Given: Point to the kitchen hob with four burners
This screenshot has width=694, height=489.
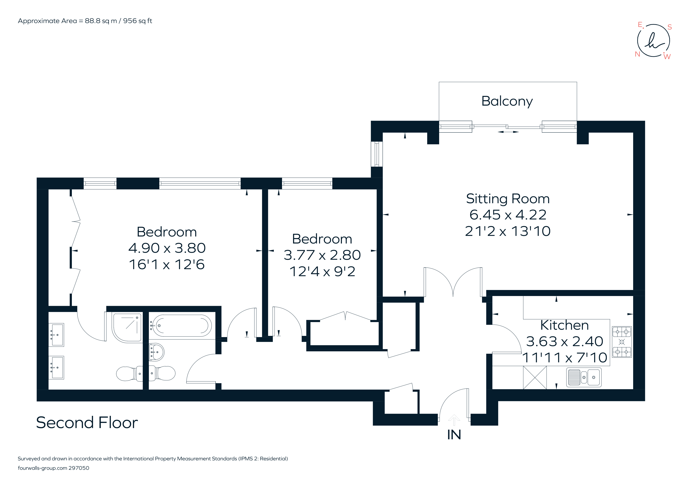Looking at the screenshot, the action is (x=622, y=342).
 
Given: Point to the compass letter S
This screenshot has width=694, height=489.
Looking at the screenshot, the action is (x=670, y=27).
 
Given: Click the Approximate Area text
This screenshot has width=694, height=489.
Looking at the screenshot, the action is (x=85, y=21).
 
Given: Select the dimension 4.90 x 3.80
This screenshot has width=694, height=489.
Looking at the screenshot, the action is (x=167, y=248).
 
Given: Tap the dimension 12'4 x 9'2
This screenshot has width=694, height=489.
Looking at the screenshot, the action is (x=322, y=271).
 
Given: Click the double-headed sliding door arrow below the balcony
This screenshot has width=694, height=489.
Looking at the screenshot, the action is (x=508, y=132).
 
